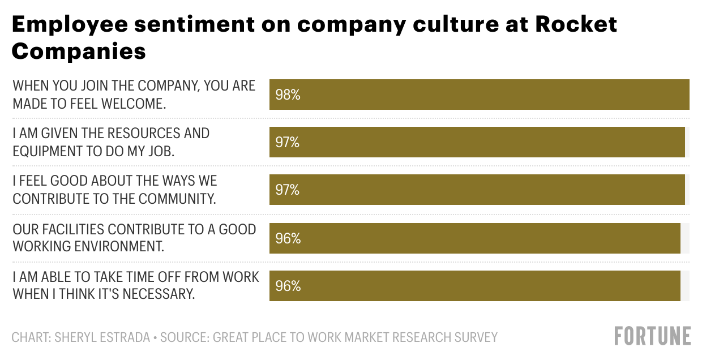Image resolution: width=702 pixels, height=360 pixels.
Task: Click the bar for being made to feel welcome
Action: [x=479, y=95]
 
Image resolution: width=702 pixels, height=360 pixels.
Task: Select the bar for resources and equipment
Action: [x=477, y=142]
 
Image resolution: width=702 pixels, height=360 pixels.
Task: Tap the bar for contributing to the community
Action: [x=477, y=190]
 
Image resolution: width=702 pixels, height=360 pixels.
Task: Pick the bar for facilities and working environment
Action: [x=474, y=238]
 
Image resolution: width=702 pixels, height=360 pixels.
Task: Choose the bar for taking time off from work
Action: [x=474, y=286]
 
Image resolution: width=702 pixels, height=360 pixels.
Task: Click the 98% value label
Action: [x=288, y=95]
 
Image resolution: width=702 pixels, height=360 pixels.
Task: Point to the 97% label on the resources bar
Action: [x=288, y=142]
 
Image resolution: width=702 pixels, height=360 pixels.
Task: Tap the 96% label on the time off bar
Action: [x=288, y=286]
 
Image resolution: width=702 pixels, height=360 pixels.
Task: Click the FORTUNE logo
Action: [x=653, y=336]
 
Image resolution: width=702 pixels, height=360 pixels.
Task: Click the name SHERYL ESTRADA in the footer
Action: [x=102, y=338]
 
